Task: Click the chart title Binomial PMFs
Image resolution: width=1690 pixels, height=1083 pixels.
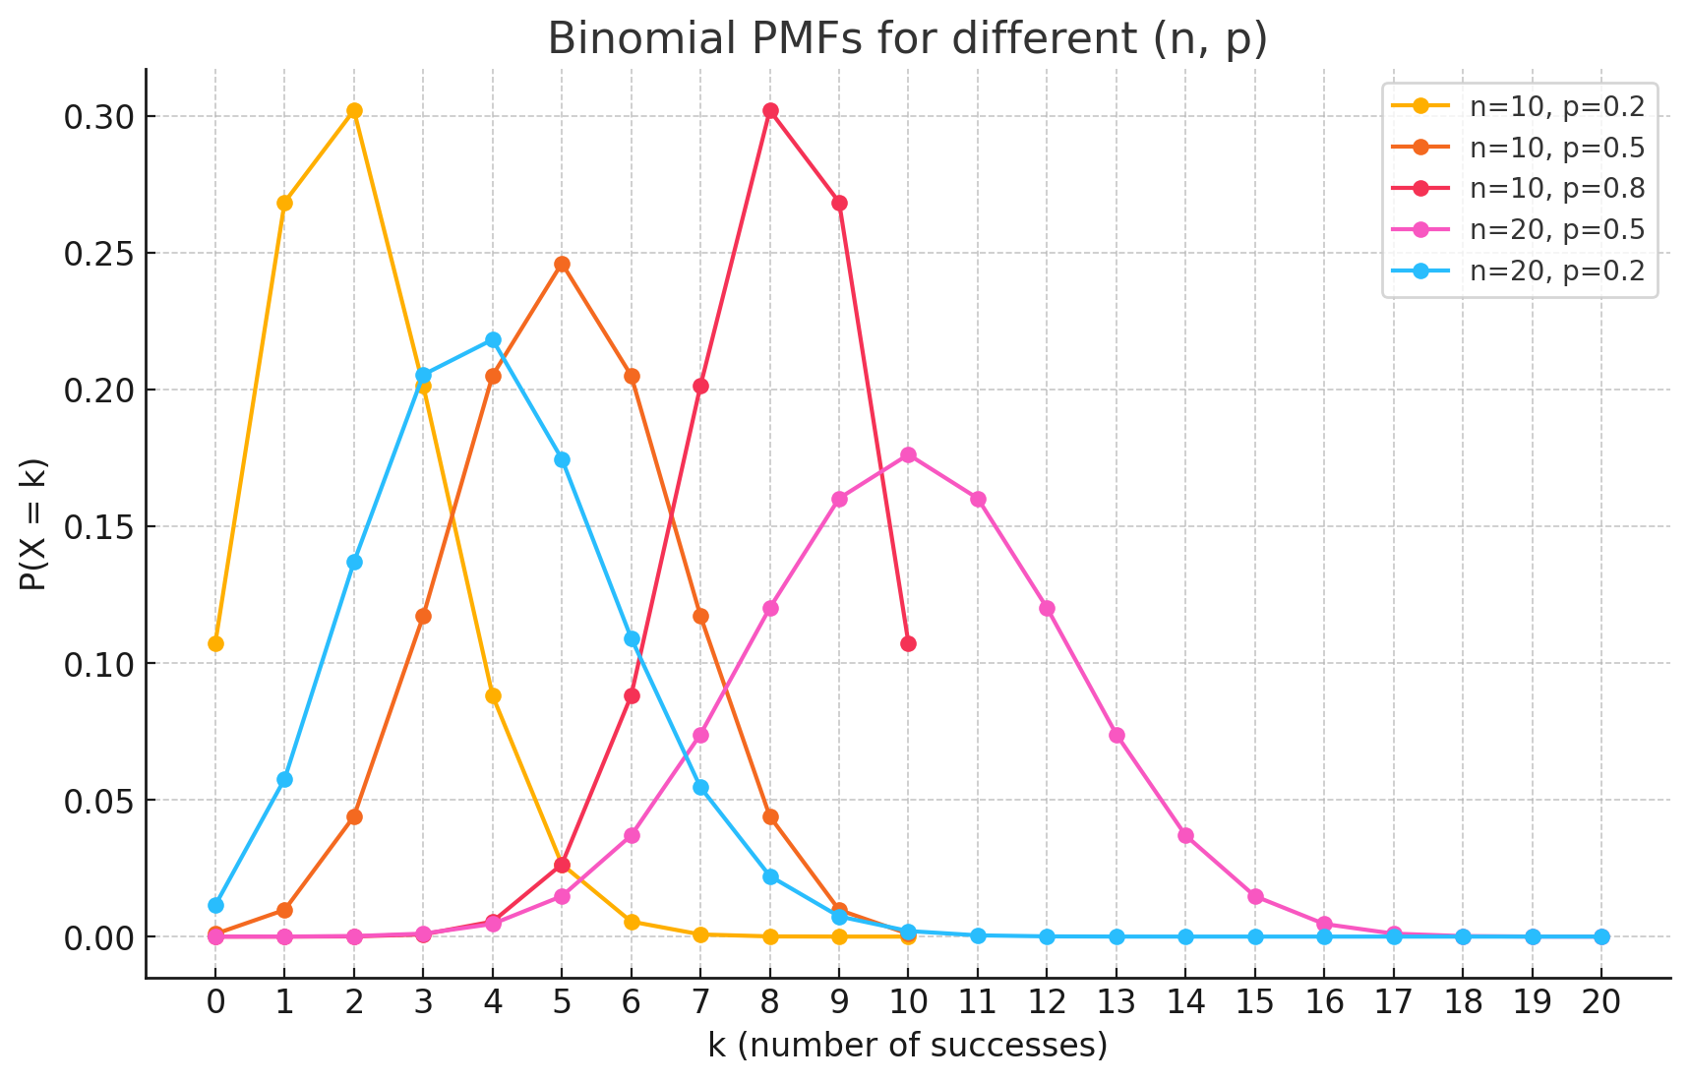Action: [x=907, y=39]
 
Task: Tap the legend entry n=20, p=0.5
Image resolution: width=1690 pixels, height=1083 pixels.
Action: [x=1556, y=229]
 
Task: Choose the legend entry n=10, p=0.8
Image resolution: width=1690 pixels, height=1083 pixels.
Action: [x=1556, y=188]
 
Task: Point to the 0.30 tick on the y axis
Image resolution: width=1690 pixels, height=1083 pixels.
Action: [x=96, y=117]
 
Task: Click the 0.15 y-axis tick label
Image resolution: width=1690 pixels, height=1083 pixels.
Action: [x=96, y=527]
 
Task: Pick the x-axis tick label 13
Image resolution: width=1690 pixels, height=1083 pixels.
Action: [x=1117, y=1002]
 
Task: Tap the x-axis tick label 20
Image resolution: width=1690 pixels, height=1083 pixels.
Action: [x=1601, y=1002]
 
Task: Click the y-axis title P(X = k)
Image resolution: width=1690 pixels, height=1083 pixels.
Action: [x=33, y=524]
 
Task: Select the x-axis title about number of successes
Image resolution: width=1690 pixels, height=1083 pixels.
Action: [x=907, y=1045]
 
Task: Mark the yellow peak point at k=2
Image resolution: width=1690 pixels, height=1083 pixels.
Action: [x=354, y=110]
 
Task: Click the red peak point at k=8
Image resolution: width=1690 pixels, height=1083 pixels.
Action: [x=770, y=110]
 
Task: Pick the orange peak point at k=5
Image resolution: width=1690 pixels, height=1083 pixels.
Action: [x=562, y=264]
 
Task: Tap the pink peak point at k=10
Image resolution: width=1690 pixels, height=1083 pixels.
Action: [x=908, y=454]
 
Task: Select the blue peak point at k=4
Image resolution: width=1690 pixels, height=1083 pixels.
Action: [x=493, y=340]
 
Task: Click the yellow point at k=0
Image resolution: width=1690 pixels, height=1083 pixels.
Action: [x=215, y=643]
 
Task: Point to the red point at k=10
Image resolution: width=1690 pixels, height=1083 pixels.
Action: [x=908, y=643]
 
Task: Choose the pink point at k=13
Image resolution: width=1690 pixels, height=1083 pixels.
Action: [x=1117, y=735]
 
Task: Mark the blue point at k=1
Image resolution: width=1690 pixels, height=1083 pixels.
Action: [x=284, y=779]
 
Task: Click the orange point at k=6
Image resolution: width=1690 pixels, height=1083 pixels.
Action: [x=632, y=376]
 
